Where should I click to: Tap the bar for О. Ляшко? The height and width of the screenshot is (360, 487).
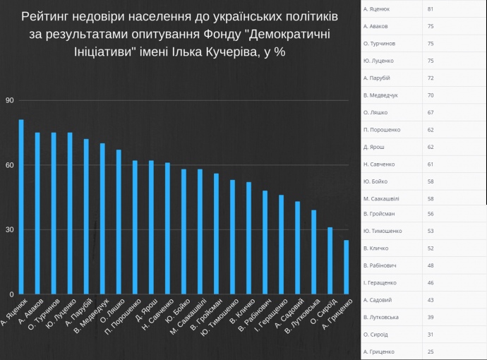[x=119, y=222]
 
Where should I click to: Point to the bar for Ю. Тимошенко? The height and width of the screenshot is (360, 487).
[x=232, y=237]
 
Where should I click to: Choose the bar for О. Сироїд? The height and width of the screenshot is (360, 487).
[x=330, y=260]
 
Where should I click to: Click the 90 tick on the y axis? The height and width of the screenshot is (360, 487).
[x=9, y=100]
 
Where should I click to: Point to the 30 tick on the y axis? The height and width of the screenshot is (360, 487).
[x=9, y=229]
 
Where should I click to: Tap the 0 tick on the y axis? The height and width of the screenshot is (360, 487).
[x=11, y=294]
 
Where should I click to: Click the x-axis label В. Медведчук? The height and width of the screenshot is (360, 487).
[x=89, y=317]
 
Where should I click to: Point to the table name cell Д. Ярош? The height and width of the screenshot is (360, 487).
[x=373, y=147]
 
